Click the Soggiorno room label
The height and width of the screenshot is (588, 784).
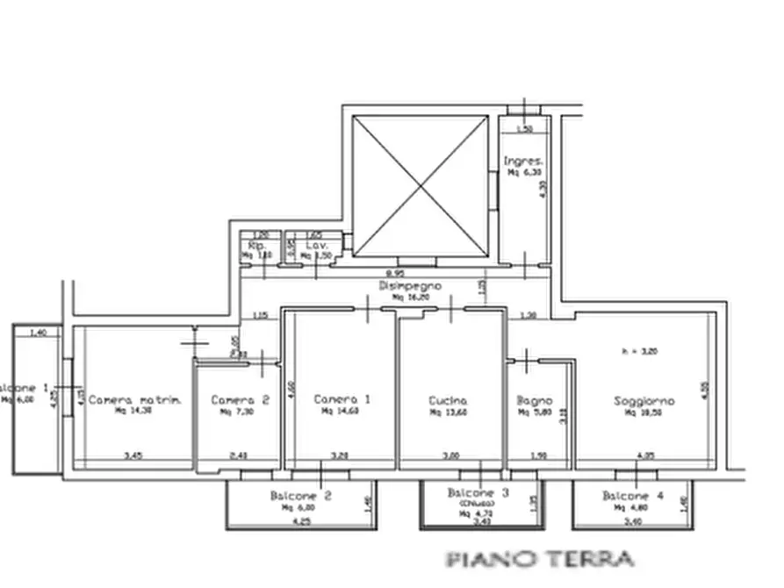(644, 401)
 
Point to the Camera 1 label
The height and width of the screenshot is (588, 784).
(342, 399)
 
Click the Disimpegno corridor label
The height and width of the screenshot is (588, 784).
(409, 286)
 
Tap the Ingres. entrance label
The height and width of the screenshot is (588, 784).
(523, 161)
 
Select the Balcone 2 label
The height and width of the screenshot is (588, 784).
(301, 496)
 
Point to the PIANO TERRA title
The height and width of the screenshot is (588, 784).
(540, 558)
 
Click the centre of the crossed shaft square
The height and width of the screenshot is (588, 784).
(419, 186)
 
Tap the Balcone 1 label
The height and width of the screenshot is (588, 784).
(24, 388)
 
